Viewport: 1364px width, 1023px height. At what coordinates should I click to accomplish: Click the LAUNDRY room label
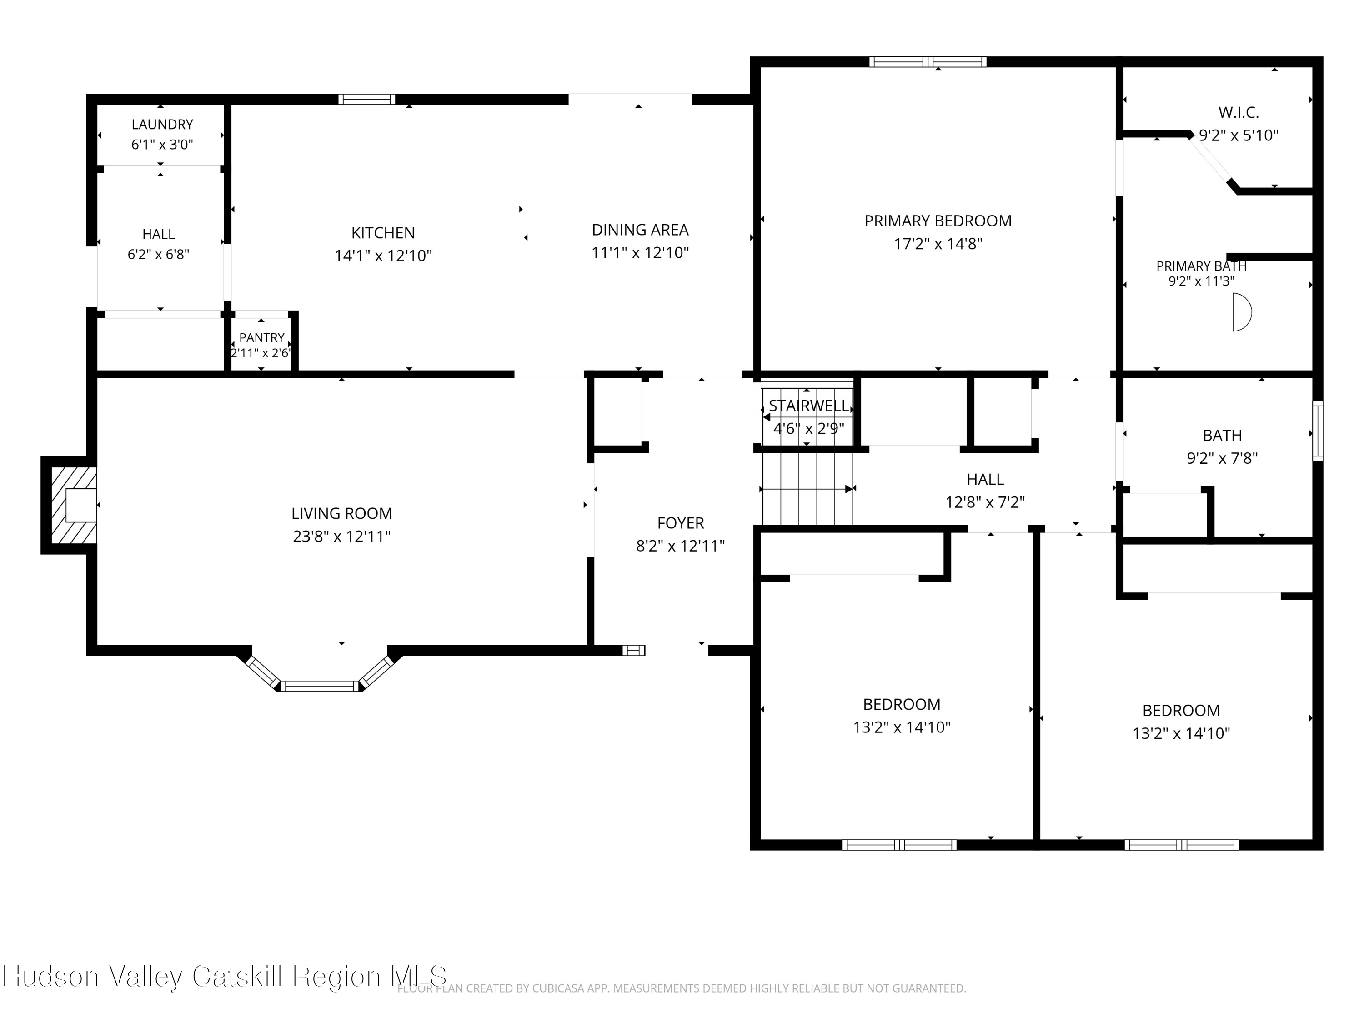[x=162, y=125]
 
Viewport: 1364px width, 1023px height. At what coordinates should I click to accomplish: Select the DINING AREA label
[x=640, y=230]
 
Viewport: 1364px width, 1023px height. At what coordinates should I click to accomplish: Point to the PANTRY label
[x=261, y=338]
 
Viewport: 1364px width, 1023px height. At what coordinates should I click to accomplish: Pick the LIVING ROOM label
[x=341, y=514]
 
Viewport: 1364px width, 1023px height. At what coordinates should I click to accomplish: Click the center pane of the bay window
[x=320, y=686]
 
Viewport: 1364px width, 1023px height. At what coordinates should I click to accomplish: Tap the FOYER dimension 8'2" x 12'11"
[x=681, y=546]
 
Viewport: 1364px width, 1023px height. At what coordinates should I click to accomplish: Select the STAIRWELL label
[x=808, y=406]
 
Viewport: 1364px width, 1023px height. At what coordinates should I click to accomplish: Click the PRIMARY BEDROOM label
[x=938, y=221]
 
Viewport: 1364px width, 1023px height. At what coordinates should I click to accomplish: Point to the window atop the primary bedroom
[x=928, y=62]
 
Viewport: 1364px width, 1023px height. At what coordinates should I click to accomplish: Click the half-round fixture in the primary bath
[x=1242, y=313]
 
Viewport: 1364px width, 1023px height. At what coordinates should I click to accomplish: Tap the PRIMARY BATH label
[x=1201, y=266]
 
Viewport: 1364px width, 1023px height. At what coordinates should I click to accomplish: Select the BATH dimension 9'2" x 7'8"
[x=1222, y=458]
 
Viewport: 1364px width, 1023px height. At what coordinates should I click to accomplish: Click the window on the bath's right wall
[x=1318, y=431]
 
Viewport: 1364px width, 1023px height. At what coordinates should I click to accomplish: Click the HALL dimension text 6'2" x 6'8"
[x=159, y=255]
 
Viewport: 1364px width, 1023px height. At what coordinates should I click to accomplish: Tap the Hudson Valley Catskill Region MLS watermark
[x=225, y=977]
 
